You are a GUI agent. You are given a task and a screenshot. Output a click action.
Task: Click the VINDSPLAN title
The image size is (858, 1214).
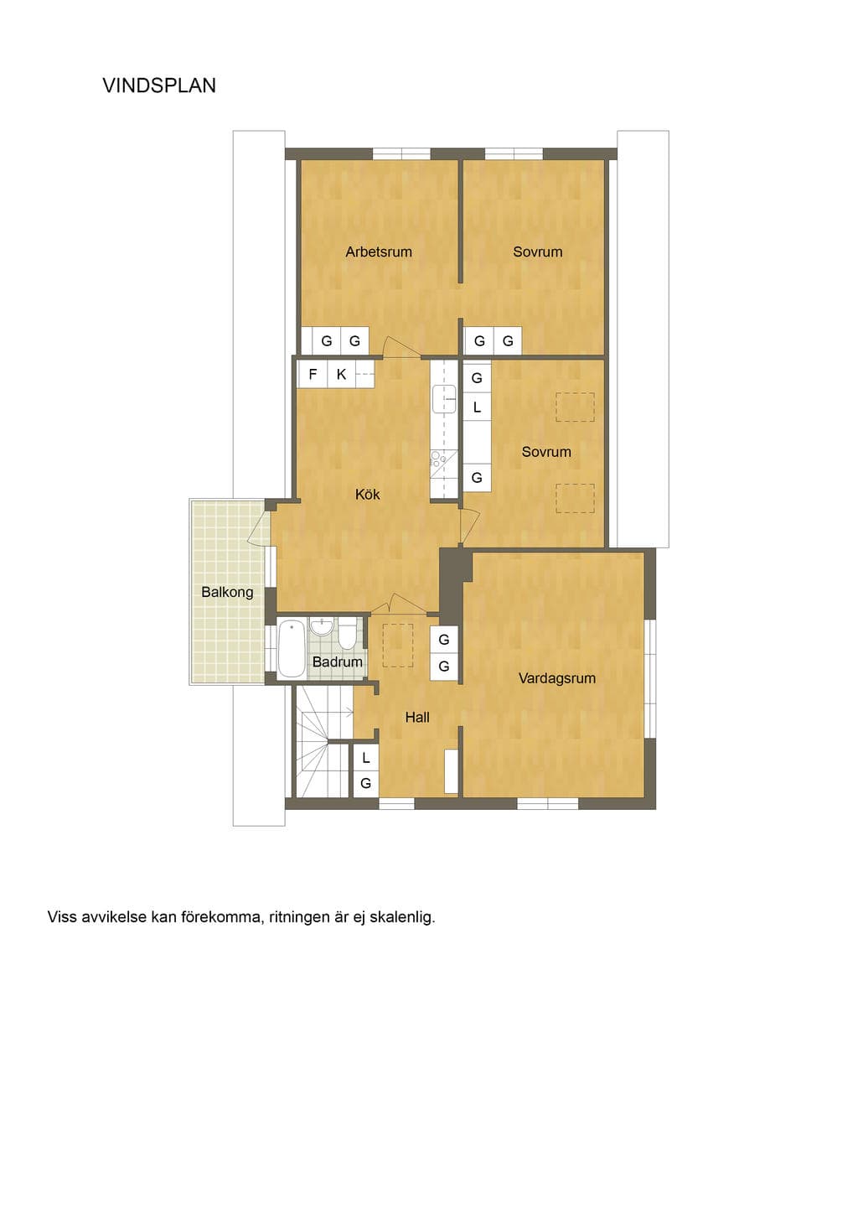coord(159,86)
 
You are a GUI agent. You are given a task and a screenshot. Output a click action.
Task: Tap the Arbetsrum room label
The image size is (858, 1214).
coord(379,252)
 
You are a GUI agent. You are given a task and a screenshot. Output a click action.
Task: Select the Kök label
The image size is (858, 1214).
coord(367,495)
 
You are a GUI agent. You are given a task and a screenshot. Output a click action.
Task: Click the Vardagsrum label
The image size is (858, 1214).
coord(557,678)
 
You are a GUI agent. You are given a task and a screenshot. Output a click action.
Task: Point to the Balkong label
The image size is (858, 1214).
coord(227,592)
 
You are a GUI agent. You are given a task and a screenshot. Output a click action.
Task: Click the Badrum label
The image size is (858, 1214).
coord(337,661)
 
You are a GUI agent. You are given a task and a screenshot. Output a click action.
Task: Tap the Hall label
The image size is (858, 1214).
coord(417,718)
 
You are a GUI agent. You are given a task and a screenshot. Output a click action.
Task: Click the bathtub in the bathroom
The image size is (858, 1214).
coord(292,649)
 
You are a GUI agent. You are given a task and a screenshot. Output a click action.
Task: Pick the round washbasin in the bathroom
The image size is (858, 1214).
coord(322,628)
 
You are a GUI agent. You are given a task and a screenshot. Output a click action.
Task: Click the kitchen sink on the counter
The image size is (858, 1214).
coord(443,399)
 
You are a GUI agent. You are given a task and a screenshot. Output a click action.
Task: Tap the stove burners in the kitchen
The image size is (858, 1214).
coord(437,459)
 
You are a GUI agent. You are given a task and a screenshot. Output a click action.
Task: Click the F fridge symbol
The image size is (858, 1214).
coord(313,375)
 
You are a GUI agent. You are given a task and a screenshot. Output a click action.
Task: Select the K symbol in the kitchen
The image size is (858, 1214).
coord(341,375)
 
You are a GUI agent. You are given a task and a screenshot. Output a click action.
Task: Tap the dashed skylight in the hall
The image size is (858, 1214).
coord(398,645)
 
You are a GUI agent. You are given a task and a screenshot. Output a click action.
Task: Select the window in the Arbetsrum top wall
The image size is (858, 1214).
coord(402,153)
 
